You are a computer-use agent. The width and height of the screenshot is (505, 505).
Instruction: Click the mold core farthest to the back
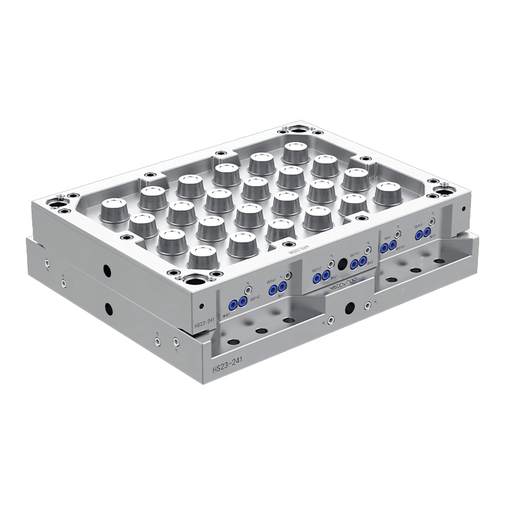pyautogui.click(x=295, y=151)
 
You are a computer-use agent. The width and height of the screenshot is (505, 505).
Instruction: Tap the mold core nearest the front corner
pyautogui.click(x=202, y=257)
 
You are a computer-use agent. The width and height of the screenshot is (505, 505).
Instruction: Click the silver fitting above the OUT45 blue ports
pyautogui.click(x=432, y=223)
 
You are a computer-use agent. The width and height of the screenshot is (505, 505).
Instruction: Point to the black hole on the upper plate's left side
pyautogui.click(x=107, y=271)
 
